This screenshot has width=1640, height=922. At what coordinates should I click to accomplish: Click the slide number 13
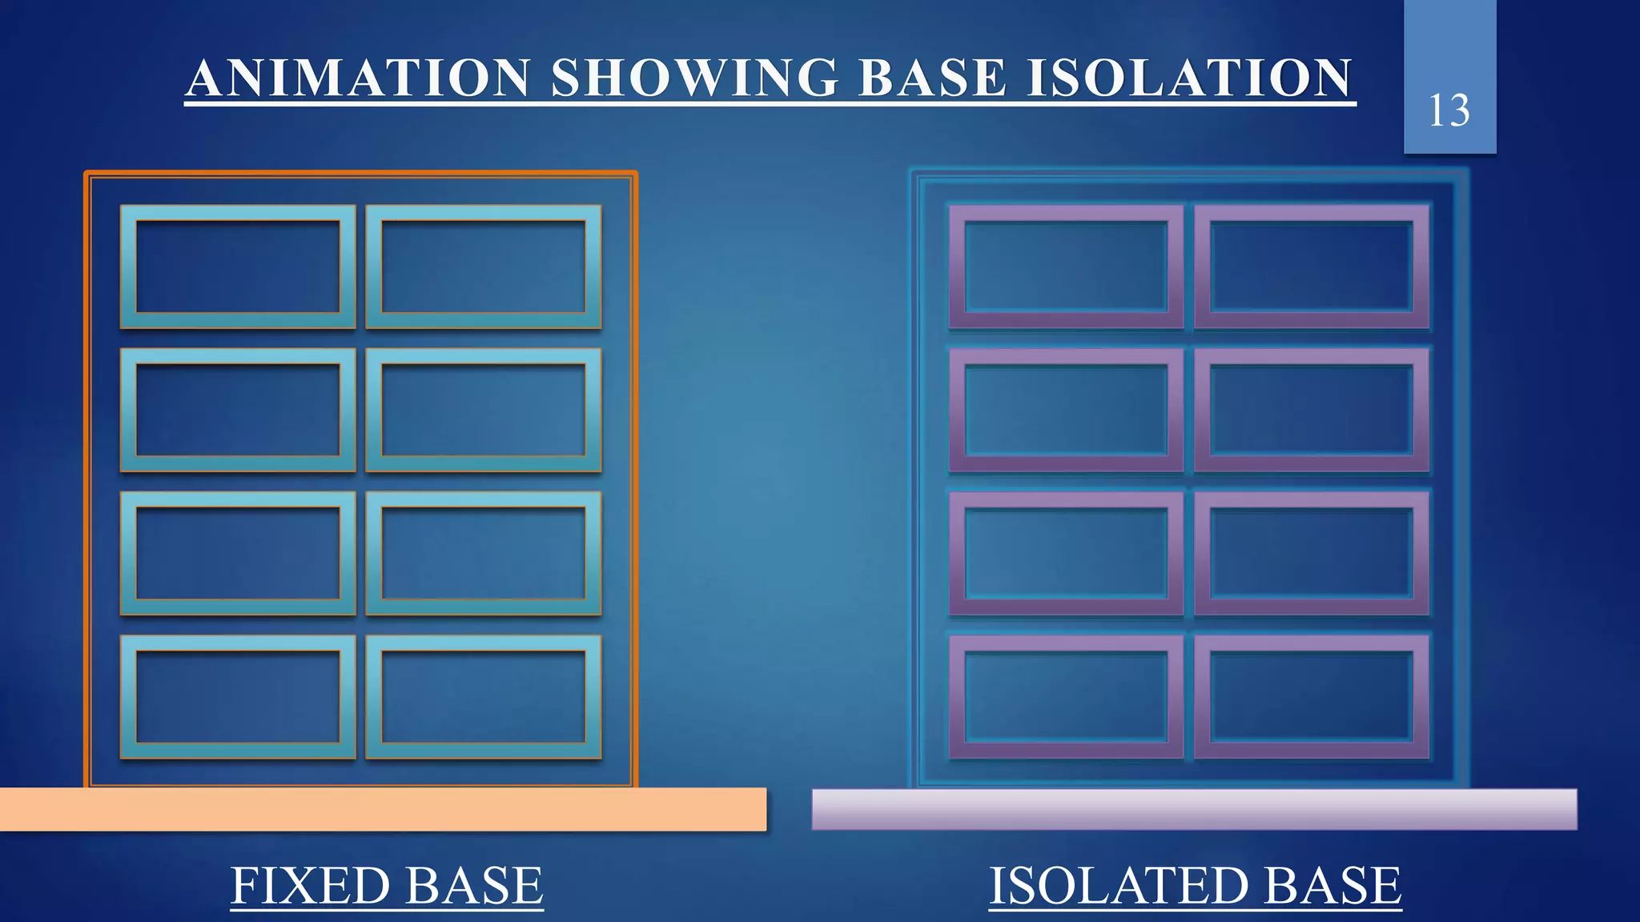tap(1449, 110)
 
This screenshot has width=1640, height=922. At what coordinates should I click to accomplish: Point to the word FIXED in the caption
tap(307, 885)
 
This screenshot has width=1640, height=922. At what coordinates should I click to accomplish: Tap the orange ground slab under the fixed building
tap(383, 809)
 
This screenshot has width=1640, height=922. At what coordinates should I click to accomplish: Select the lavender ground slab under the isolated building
tap(1194, 809)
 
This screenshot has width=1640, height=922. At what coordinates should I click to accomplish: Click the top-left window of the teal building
tap(238, 267)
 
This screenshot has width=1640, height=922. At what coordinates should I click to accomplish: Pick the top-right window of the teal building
tap(484, 267)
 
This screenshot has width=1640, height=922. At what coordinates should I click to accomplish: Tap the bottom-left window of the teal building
tap(238, 696)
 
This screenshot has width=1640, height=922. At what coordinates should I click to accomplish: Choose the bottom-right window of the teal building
tap(484, 696)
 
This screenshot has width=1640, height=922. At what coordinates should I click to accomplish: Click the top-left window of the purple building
tap(1066, 267)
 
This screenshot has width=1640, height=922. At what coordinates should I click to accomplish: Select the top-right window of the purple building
tap(1312, 267)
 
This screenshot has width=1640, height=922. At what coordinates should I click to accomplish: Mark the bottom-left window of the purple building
tap(1066, 696)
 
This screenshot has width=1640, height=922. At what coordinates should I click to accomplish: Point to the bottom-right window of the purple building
tap(1312, 696)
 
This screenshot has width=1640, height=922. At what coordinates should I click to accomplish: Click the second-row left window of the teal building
tap(238, 410)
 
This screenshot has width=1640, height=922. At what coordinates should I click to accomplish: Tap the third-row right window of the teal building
tap(484, 553)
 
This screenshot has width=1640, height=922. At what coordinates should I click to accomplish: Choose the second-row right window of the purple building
tap(1312, 410)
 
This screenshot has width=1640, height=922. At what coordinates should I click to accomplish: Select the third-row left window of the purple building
tap(1066, 553)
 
